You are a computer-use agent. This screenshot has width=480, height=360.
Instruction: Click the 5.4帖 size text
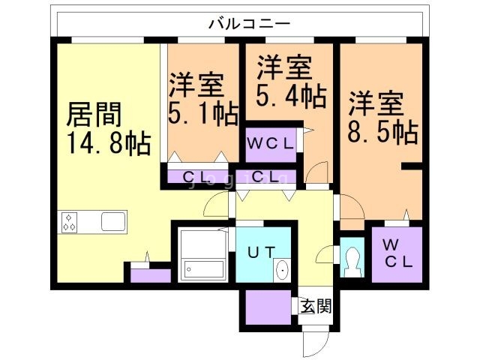point(286,96)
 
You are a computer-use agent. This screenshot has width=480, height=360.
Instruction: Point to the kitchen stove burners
point(71,222)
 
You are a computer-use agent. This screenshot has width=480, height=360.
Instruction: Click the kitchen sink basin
point(113,222)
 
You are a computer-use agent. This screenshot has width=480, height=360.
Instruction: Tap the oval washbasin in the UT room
point(281,269)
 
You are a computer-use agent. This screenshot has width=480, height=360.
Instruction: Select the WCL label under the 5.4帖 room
point(271,143)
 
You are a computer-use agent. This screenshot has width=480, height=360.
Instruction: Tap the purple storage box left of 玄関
point(267,306)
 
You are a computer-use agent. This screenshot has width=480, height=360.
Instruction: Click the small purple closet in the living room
point(150,274)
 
